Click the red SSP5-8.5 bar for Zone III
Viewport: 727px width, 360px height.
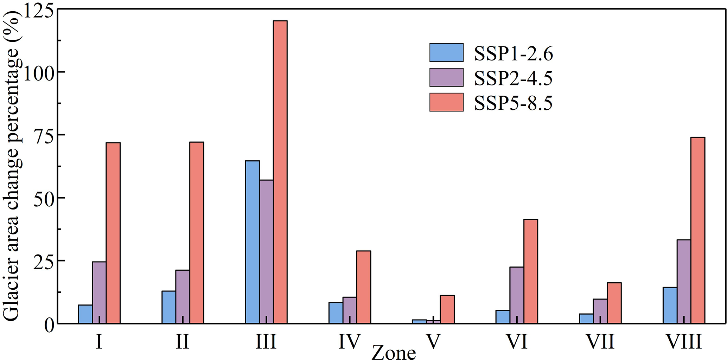coord(280,172)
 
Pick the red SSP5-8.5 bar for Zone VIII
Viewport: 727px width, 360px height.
coord(698,230)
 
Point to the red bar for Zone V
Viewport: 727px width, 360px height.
coord(447,309)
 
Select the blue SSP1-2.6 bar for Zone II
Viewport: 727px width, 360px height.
coord(169,307)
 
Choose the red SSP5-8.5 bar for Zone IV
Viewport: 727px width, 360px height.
coord(364,287)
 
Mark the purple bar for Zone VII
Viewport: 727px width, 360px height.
coord(600,311)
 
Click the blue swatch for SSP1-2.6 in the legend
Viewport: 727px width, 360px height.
coord(446,53)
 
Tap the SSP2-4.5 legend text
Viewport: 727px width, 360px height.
coord(513,78)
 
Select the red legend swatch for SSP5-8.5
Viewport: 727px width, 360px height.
coord(446,102)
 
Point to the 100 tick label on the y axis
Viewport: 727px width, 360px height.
coord(39,72)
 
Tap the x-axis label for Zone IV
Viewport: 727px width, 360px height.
coord(349,341)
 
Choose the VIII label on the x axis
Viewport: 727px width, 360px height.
coord(683,341)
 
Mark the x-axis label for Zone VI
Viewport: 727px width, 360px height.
coord(517,341)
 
